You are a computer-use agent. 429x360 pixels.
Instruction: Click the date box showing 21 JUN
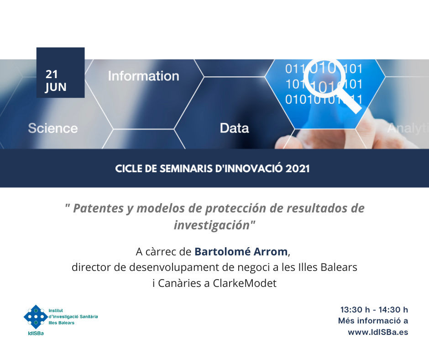click(x=60, y=73)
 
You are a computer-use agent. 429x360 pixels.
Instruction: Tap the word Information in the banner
click(x=144, y=76)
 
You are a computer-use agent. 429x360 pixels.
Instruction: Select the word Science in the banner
click(x=53, y=128)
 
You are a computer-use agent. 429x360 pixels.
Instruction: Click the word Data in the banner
click(x=235, y=128)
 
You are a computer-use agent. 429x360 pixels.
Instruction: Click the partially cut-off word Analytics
click(x=408, y=128)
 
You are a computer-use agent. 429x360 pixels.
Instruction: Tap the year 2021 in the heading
click(x=298, y=169)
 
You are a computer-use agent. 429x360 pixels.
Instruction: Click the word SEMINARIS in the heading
click(x=186, y=169)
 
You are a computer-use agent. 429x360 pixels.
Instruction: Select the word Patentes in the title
click(x=98, y=208)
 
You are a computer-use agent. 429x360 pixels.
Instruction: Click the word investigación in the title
click(x=212, y=226)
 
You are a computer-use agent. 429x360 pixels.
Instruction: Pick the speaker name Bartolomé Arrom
click(x=241, y=252)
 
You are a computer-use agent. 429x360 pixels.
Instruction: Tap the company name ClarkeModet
click(x=245, y=283)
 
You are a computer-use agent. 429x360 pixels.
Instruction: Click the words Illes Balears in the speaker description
click(x=328, y=267)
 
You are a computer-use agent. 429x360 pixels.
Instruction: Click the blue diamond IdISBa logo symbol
click(x=36, y=317)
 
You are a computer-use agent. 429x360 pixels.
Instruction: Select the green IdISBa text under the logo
click(x=36, y=334)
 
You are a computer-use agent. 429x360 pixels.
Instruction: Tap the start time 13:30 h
click(x=355, y=310)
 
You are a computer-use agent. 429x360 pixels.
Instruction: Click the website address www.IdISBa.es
click(x=378, y=332)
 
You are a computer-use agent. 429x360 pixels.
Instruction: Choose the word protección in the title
click(x=236, y=209)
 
